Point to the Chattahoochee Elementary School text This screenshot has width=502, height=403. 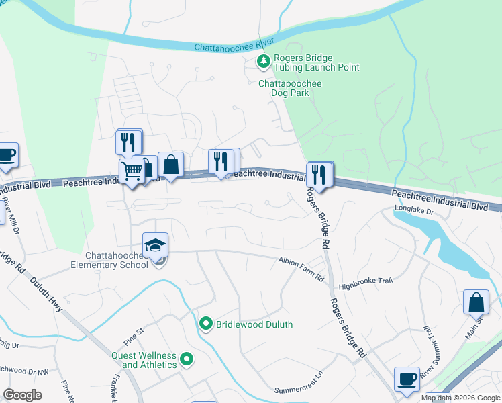[x=117, y=260]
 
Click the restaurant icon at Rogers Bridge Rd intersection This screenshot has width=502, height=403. [x=319, y=175]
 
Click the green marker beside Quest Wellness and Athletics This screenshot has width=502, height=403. [x=187, y=360]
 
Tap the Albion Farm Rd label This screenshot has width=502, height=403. [x=301, y=259]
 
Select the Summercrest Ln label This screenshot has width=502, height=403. [x=299, y=390]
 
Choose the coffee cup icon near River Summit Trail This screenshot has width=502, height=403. [x=407, y=379]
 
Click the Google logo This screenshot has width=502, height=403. [x=22, y=395]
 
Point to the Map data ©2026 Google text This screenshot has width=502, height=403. [x=460, y=398]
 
